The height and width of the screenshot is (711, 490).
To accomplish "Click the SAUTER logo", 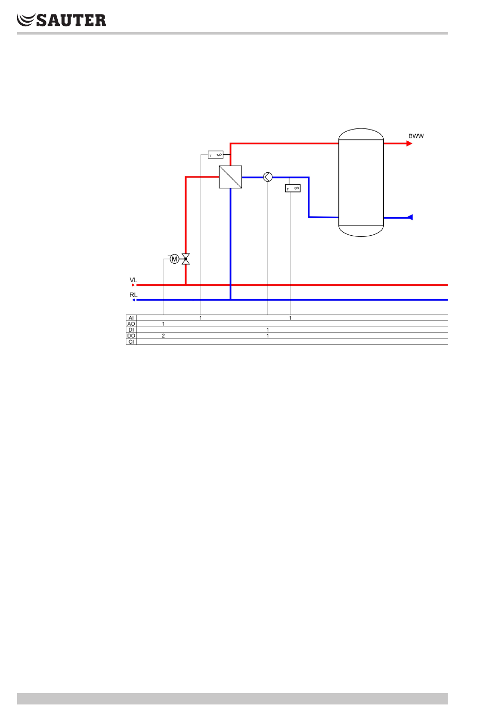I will (61, 20).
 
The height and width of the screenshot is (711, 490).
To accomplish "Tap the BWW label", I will (416, 136).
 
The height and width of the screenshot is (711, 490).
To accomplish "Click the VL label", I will (134, 280).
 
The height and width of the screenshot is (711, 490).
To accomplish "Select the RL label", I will (134, 295).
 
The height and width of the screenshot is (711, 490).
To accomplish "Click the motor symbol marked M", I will (174, 259).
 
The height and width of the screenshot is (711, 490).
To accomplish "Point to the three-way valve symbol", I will (186, 259).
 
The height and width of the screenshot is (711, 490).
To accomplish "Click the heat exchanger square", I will (231, 177).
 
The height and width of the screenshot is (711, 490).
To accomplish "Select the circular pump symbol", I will (268, 177).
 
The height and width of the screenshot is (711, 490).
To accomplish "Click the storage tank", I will (361, 182).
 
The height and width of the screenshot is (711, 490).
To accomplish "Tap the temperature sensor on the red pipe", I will (216, 154).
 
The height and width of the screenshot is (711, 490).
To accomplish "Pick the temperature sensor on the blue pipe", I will (292, 188).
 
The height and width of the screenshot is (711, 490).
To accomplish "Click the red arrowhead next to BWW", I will (410, 143).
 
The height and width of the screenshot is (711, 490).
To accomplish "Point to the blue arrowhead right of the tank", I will (410, 217).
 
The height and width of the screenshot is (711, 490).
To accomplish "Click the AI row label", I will (131, 318).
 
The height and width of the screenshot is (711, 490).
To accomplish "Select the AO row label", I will (131, 324).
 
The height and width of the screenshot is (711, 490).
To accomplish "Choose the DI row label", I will (131, 330).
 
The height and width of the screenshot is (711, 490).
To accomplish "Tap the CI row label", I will (131, 342).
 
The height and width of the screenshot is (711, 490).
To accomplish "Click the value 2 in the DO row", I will (164, 336).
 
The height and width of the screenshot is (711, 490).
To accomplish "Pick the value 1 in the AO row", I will (164, 324).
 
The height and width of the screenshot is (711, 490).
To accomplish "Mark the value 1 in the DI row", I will (268, 330).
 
